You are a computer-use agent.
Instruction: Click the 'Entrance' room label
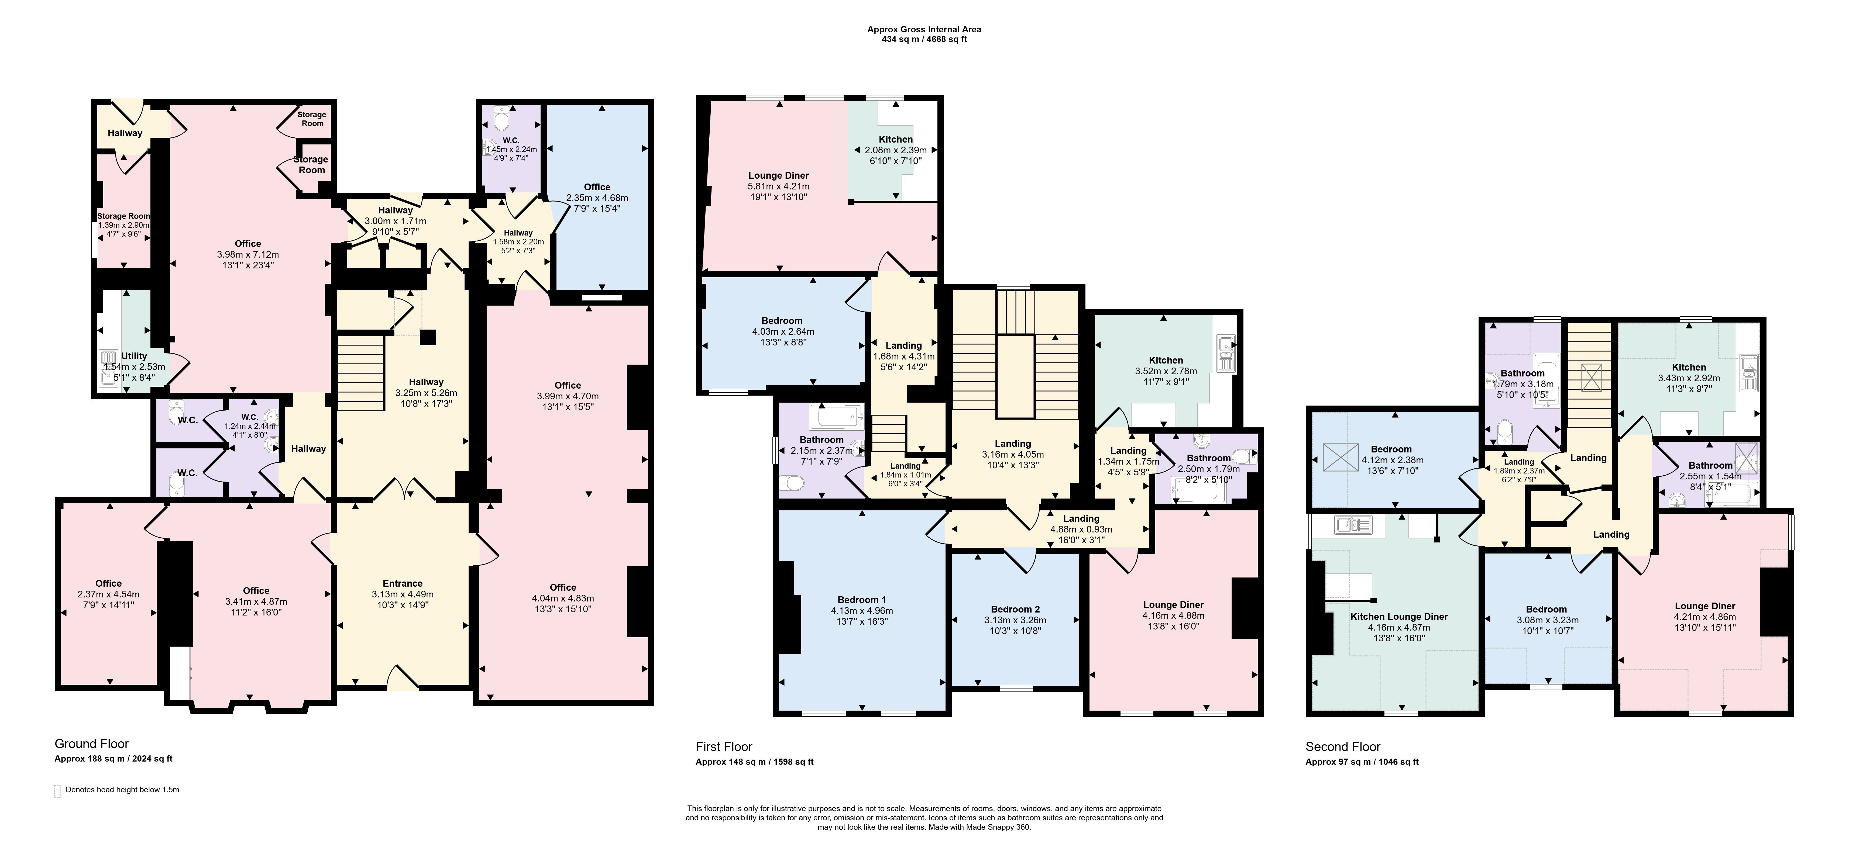coord(403,583)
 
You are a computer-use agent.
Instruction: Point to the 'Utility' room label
coord(134,356)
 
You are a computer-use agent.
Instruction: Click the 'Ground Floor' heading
coord(92,744)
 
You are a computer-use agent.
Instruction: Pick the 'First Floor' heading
coord(724,746)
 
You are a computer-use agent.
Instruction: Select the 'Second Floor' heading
coord(1343,746)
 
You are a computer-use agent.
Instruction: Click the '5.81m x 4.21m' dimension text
coord(779,186)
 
